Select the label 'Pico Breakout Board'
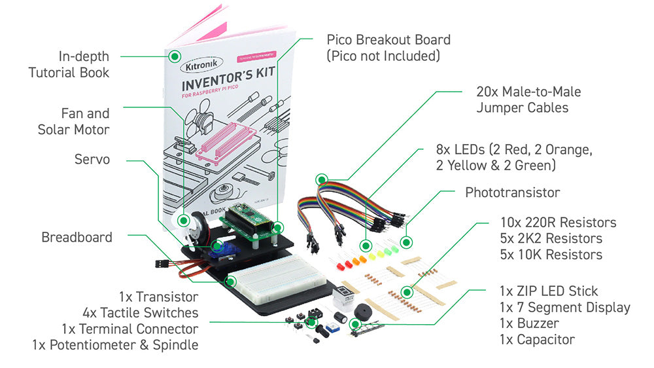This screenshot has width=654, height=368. (x=388, y=39)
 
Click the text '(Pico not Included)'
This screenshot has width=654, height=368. (x=383, y=56)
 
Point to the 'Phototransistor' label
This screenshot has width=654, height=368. (x=512, y=193)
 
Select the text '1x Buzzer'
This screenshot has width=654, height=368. (x=529, y=323)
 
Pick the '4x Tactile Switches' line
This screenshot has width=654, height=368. (x=140, y=312)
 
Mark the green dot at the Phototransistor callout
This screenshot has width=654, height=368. (x=407, y=242)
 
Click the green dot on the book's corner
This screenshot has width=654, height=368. (x=175, y=56)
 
